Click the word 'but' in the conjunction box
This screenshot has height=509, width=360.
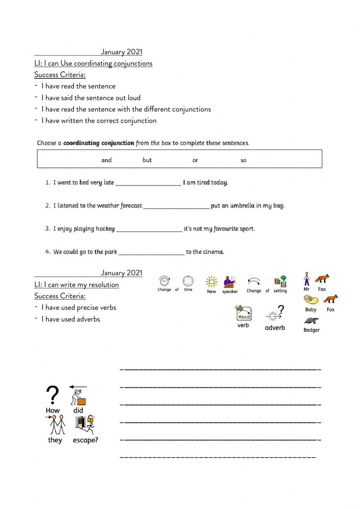(147, 160)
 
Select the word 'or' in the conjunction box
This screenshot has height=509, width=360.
(195, 160)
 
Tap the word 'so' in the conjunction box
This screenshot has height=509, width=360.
(243, 160)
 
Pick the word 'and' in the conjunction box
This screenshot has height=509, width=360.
(107, 160)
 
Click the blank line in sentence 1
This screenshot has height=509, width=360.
(148, 183)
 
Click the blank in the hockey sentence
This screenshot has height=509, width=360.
(149, 229)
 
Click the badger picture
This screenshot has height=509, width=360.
(311, 320)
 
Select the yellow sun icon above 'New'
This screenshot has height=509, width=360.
(211, 282)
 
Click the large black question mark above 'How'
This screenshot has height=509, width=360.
(53, 396)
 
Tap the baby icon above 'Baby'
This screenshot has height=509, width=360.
(310, 300)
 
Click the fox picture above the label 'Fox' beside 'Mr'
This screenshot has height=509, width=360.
(322, 279)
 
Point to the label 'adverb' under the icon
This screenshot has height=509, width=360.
(275, 327)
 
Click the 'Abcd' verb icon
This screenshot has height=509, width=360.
(244, 313)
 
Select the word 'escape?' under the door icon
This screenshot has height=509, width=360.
(85, 440)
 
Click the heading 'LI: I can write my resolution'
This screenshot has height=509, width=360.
(76, 285)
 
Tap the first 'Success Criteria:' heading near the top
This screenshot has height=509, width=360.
(60, 75)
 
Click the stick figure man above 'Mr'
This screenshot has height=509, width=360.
(306, 279)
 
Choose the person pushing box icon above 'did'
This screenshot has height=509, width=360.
(78, 396)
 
